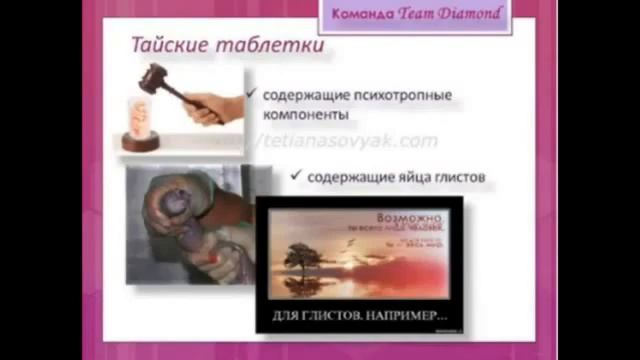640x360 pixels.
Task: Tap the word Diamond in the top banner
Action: pyautogui.click(x=469, y=13)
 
